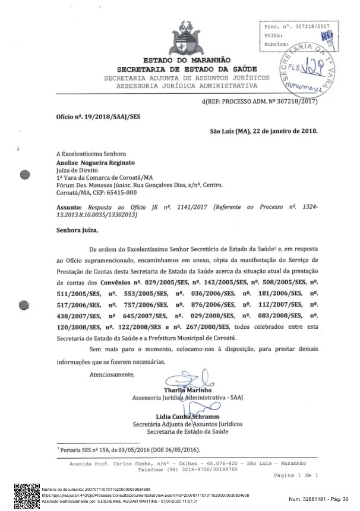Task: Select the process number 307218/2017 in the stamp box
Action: click(307, 27)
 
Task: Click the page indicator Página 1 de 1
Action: click(295, 475)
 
